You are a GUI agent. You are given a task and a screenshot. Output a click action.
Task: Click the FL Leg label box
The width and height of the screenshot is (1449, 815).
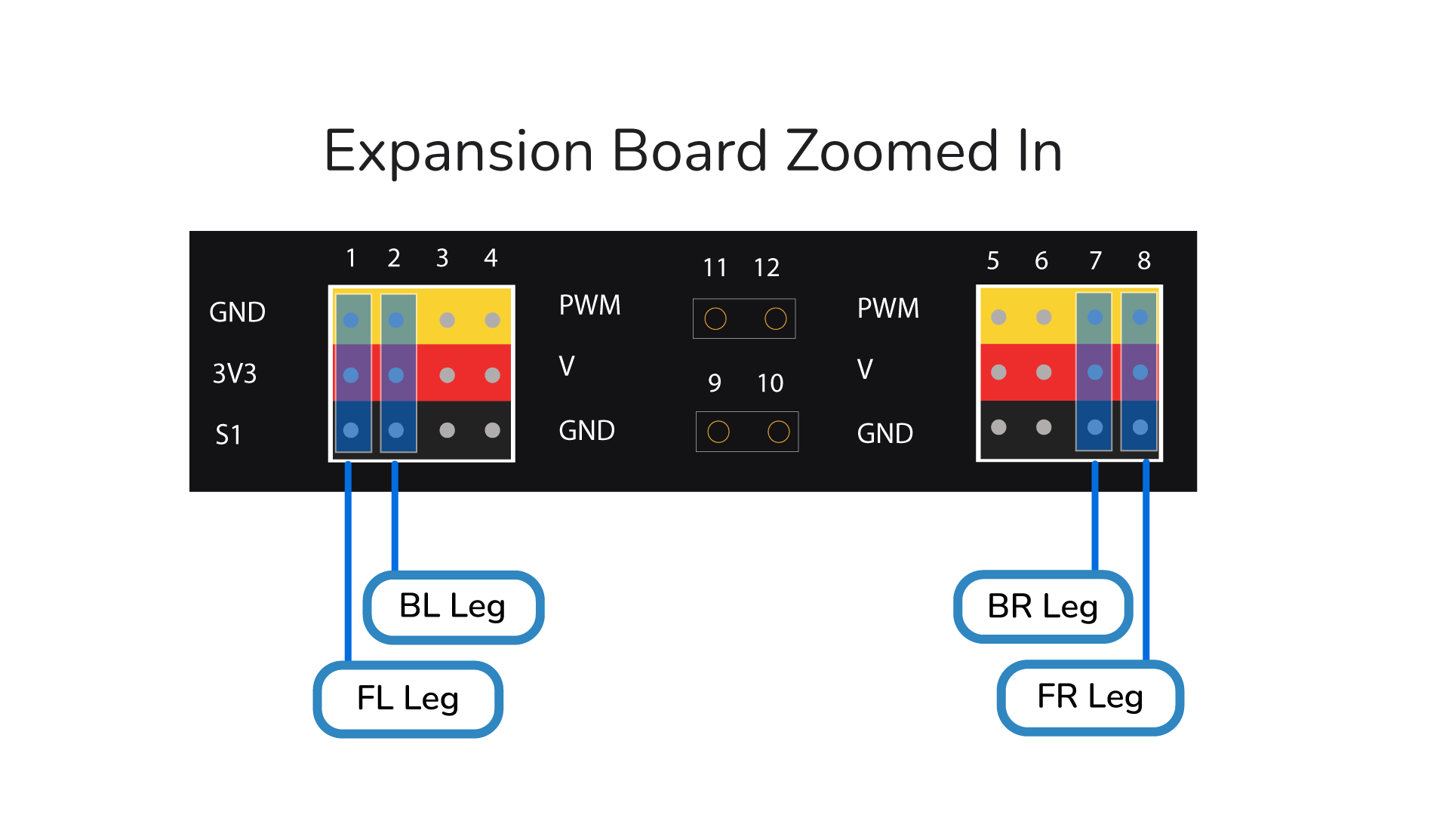(408, 699)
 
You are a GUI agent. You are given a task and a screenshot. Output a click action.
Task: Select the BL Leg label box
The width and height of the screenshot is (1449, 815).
(453, 607)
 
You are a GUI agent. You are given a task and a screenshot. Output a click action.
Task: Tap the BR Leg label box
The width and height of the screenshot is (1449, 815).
(1042, 607)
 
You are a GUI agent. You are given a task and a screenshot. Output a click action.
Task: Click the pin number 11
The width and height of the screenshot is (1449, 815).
(715, 268)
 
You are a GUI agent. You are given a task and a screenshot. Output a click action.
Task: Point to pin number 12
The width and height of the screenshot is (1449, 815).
(767, 268)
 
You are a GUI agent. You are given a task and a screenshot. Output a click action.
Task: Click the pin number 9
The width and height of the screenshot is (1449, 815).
(715, 383)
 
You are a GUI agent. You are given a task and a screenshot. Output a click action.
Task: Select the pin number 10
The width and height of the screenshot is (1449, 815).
(771, 383)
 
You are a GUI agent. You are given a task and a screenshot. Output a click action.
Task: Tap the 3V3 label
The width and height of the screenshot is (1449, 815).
(235, 374)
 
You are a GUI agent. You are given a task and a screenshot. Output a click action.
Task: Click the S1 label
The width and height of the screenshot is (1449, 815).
(228, 435)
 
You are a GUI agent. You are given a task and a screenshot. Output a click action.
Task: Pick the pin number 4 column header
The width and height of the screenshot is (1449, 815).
(491, 258)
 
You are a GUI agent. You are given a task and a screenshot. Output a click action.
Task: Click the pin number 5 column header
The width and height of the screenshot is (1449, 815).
(993, 261)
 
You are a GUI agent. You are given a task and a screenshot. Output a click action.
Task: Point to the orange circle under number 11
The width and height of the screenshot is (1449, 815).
(715, 318)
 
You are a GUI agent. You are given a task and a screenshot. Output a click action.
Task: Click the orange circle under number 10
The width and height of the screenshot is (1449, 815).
(778, 432)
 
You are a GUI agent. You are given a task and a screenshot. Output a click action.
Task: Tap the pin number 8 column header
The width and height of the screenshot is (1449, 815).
(1144, 261)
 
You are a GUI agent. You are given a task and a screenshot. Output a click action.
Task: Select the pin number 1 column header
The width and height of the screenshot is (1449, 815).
(351, 258)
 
